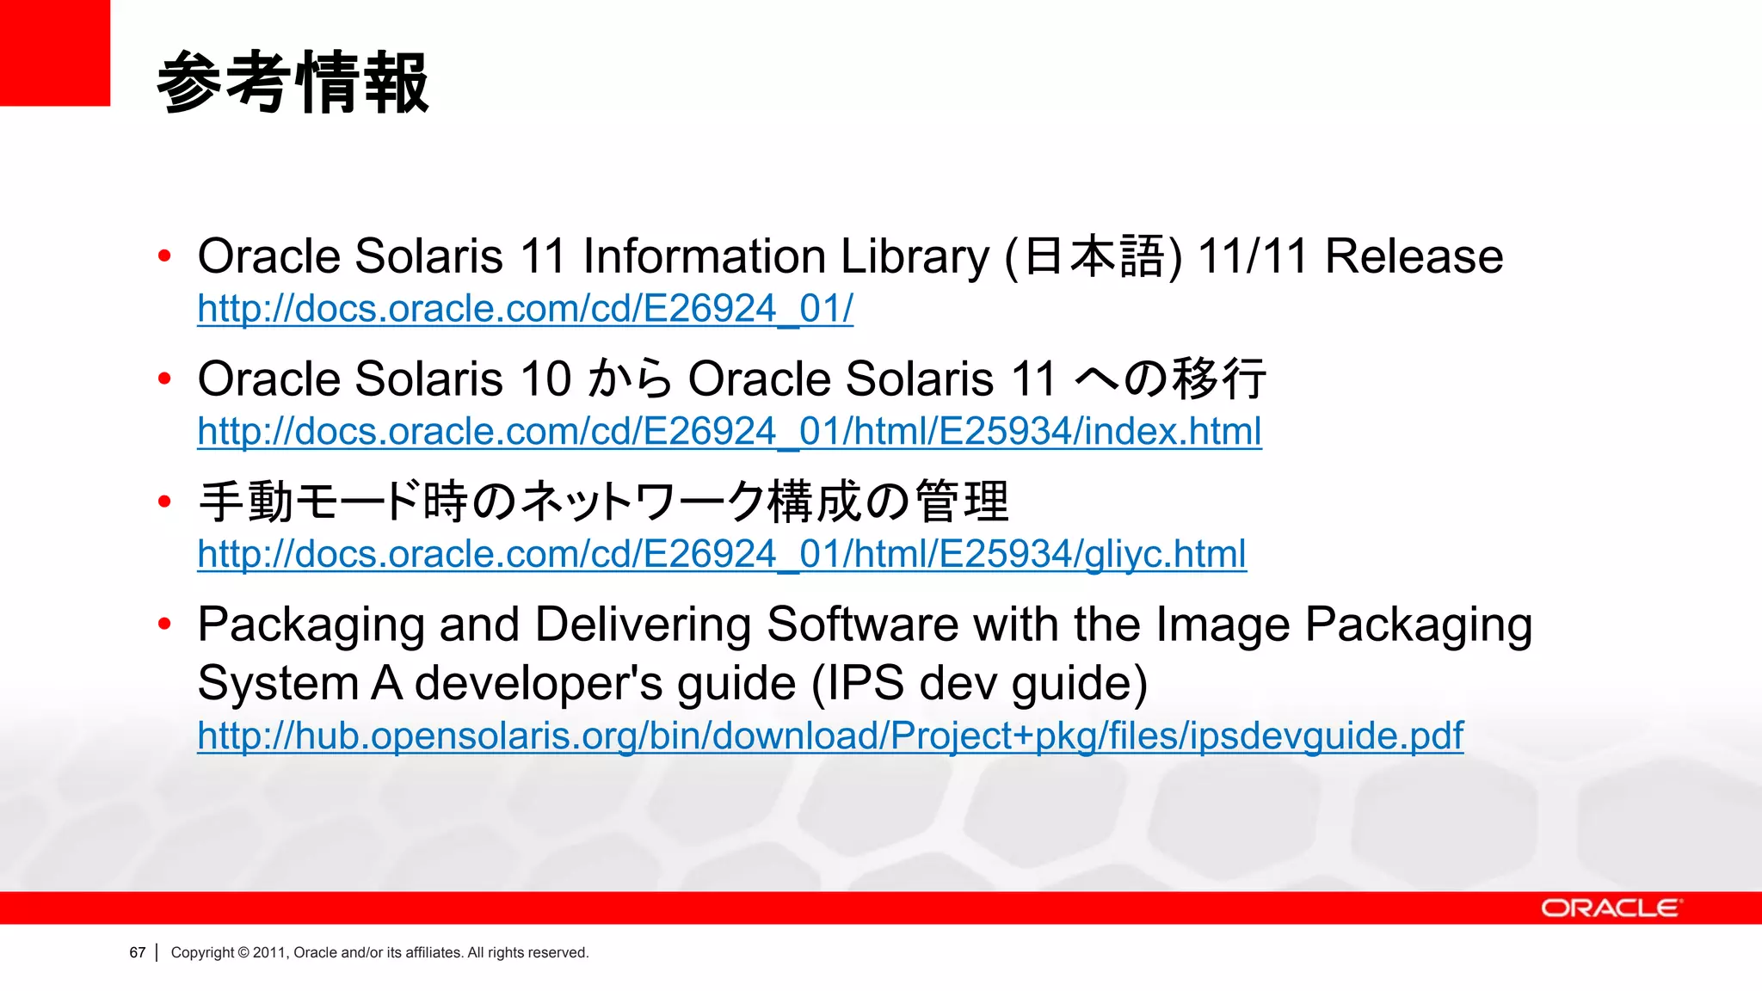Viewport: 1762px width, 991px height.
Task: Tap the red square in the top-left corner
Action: pos(54,52)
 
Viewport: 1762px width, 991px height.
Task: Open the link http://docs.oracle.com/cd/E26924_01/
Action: pos(525,309)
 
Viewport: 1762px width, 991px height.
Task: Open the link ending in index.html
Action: pos(729,431)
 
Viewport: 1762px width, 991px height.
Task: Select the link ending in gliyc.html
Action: pos(721,554)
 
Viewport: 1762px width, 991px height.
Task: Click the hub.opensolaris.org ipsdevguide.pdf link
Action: pos(829,736)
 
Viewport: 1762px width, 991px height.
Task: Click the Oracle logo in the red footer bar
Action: pos(1610,908)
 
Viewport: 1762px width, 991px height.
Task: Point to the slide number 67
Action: pos(138,952)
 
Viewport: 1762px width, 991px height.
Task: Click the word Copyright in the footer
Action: pos(202,952)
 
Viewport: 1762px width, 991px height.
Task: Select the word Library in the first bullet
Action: pos(915,256)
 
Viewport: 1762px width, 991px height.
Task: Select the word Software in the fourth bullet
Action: pos(862,625)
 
